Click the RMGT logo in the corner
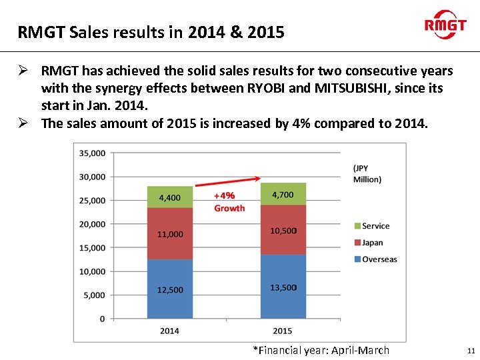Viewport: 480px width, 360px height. pyautogui.click(x=445, y=25)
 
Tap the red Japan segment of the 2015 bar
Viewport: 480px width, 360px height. pyautogui.click(x=283, y=230)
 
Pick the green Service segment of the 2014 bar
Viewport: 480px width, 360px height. pyautogui.click(x=170, y=197)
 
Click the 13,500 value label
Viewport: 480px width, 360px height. pyautogui.click(x=283, y=287)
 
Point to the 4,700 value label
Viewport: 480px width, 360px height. pyautogui.click(x=283, y=195)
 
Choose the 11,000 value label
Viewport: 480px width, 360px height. pyautogui.click(x=170, y=234)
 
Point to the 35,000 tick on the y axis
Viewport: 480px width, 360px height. pyautogui.click(x=92, y=153)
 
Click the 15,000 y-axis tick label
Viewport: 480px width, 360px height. pyautogui.click(x=92, y=247)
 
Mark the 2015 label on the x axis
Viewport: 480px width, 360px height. pyautogui.click(x=283, y=331)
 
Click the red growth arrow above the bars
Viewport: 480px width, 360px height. pyautogui.click(x=227, y=181)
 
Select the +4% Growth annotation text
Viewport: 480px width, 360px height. pyautogui.click(x=229, y=201)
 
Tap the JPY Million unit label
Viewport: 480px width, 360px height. pyautogui.click(x=367, y=174)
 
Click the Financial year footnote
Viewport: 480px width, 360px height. pyautogui.click(x=321, y=350)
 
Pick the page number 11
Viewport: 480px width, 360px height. pyautogui.click(x=471, y=350)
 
